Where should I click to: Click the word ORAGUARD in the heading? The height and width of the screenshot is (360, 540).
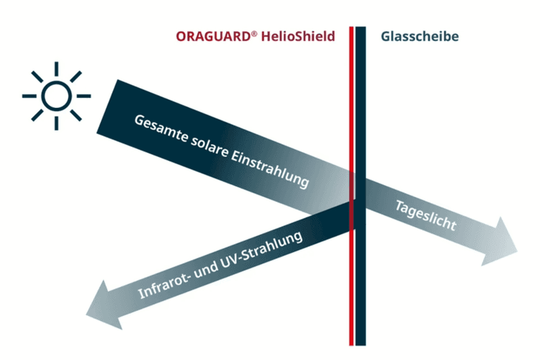pos(214,36)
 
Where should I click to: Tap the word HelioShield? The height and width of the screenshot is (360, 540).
pos(298,36)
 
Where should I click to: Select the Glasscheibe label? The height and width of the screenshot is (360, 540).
pos(420,36)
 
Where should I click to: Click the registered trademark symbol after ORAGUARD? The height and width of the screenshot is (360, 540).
pos(254,34)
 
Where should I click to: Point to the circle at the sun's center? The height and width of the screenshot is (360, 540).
pos(56,96)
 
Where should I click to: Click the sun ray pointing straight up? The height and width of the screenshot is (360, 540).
pos(56,69)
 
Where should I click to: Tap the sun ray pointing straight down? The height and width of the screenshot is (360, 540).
pos(56,123)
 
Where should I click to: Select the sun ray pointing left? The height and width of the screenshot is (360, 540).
pos(30,96)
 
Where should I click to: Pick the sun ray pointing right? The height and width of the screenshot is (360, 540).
pos(84,96)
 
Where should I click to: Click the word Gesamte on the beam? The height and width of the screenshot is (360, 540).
pos(161,128)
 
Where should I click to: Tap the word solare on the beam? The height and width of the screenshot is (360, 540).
pos(210,147)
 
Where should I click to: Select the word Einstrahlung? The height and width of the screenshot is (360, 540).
pos(269,169)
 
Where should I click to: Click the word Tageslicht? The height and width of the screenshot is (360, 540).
pos(426,215)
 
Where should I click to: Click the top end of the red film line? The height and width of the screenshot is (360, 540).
pos(351,27)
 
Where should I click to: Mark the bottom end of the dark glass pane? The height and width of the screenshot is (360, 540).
pos(361,345)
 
